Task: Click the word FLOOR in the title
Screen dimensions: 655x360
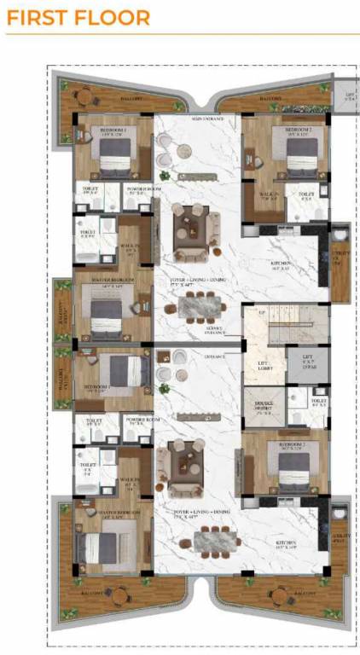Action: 109,18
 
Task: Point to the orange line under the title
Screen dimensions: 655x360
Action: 180,35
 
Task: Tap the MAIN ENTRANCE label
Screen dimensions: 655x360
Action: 208,118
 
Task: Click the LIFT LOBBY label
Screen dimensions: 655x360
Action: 265,366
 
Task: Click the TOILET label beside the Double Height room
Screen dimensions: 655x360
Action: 318,400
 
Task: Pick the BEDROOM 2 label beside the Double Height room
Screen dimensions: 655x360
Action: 293,444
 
